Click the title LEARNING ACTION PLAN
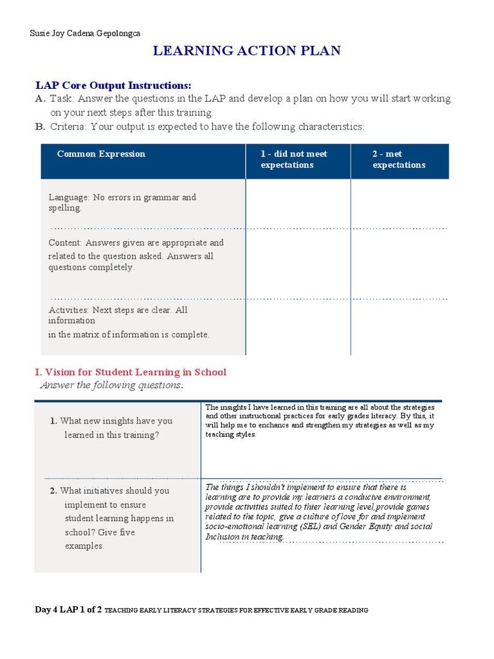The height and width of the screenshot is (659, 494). [246, 51]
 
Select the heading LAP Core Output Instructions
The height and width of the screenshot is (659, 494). [113, 85]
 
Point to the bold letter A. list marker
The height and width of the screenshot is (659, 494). [40, 98]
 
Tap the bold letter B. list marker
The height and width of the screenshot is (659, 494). [40, 127]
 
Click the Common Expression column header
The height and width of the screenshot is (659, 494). [101, 154]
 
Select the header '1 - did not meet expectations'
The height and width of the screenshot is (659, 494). [294, 160]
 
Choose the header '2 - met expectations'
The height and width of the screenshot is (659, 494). [399, 160]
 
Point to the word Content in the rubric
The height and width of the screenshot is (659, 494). [65, 243]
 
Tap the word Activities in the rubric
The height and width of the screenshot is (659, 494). [68, 310]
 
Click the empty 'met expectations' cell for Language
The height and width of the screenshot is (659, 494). [399, 203]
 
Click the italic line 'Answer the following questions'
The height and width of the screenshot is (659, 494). [111, 385]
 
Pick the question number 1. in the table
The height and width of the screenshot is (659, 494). [53, 421]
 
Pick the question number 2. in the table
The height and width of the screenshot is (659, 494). [53, 491]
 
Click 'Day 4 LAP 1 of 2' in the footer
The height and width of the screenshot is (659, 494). [68, 610]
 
